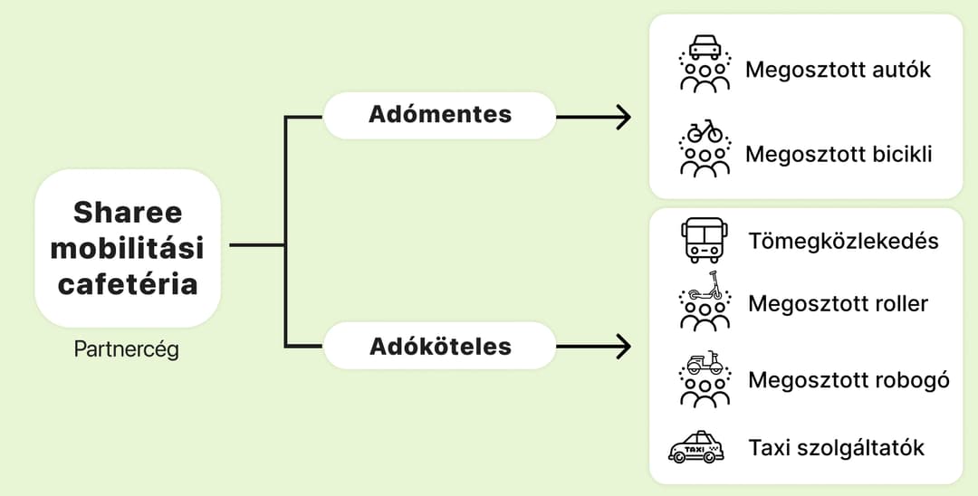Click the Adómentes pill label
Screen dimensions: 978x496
click(440, 115)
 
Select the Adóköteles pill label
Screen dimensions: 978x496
click(440, 347)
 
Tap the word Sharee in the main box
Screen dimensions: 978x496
click(128, 212)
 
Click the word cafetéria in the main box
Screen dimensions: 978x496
click(128, 284)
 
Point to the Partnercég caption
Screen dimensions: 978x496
click(127, 349)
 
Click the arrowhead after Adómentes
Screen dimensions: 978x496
click(623, 117)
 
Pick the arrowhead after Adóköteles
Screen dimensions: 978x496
click(623, 347)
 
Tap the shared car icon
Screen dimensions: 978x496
click(705, 63)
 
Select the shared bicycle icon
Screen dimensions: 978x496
click(705, 148)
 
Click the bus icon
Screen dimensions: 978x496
click(705, 240)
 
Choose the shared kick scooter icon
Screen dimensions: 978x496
click(705, 301)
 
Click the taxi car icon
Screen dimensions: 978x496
click(696, 447)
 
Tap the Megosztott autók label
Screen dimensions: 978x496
click(838, 69)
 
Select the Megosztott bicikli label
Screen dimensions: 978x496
click(839, 153)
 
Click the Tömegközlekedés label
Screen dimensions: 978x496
click(843, 241)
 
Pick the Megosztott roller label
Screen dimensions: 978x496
click(839, 303)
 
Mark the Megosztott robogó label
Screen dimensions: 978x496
click(849, 379)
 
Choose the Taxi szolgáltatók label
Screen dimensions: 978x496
click(837, 447)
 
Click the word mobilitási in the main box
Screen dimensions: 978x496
click(128, 248)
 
